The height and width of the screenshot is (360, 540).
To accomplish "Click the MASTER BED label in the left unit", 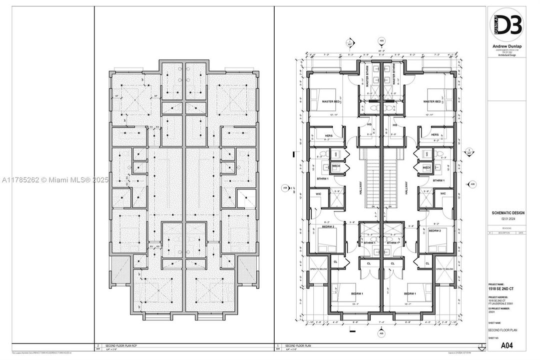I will point(331,101).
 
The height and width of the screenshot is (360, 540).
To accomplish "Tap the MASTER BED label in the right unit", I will point(432,101).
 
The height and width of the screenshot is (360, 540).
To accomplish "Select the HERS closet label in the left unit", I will point(329,134).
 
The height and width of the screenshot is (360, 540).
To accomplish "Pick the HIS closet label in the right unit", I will point(395,125).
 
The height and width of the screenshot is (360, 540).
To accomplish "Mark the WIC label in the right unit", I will point(443,193).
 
